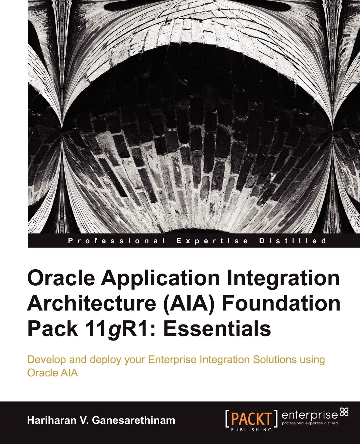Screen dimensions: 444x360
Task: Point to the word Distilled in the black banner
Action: (x=292, y=241)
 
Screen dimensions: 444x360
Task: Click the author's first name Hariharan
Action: (x=54, y=420)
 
